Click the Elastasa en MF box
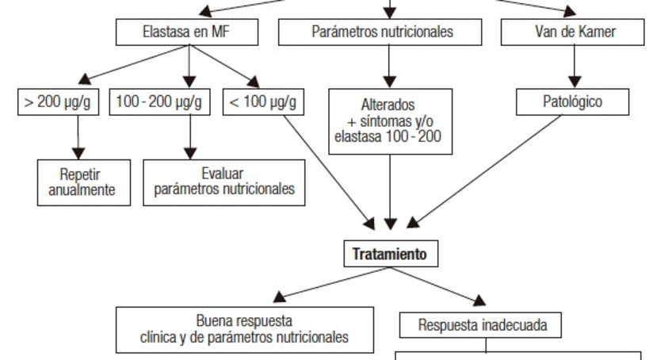188,33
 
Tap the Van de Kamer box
573,33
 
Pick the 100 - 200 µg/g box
158,102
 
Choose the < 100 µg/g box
262,102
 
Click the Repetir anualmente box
85,182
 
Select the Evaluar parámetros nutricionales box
224,182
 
